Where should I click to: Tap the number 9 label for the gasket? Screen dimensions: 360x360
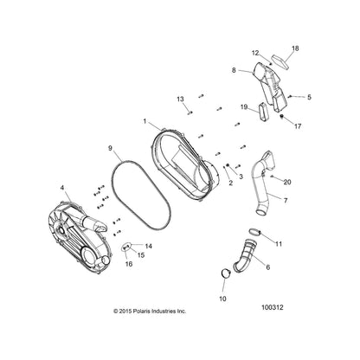coord(110,148)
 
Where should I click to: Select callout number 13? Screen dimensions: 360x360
coord(180,100)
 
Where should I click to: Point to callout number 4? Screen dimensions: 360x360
coord(62,188)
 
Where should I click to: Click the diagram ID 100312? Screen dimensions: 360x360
coord(272,307)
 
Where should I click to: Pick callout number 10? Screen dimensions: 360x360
coord(222,299)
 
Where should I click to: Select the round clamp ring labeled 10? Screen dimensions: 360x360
coord(227,273)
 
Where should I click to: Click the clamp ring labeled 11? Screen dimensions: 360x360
coord(255,231)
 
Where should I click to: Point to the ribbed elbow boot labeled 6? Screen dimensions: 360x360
coord(245,256)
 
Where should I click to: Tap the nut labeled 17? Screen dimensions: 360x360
coord(282,116)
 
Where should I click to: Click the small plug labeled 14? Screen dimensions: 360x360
coord(126,247)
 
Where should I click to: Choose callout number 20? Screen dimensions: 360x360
coord(287,183)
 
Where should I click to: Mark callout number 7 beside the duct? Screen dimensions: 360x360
coord(286,200)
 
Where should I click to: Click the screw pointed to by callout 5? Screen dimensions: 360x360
coord(290,96)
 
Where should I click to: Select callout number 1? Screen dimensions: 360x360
coord(145,121)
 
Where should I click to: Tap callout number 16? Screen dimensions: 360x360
coord(129,264)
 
